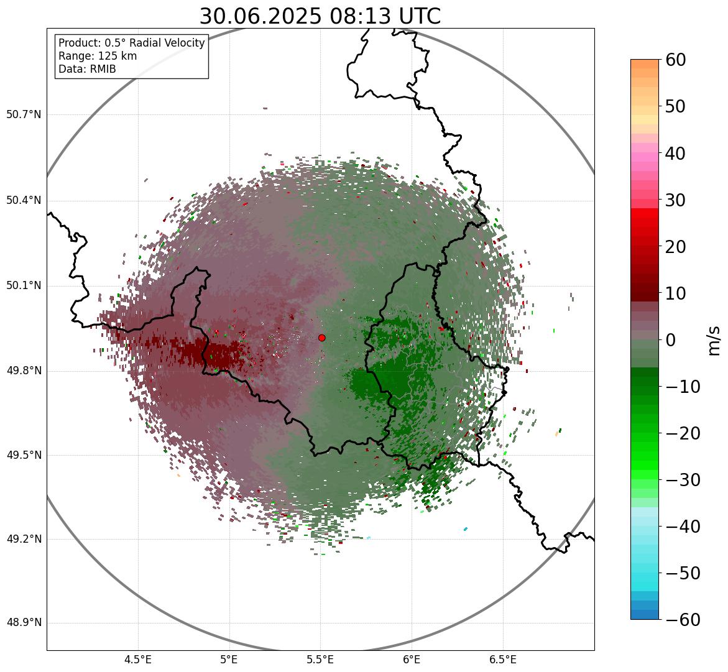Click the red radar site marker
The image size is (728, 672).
coord(321,338)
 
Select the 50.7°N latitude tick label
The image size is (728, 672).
coord(24,115)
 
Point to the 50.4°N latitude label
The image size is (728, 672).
coord(24,201)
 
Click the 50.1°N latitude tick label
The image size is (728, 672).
coord(24,286)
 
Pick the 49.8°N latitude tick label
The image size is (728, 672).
coord(24,371)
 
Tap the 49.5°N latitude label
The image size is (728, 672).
coord(24,456)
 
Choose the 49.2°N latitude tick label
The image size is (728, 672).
coord(24,540)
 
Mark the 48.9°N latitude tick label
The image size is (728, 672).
coord(24,623)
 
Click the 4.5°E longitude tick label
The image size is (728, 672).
coord(138,660)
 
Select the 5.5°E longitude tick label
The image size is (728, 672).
coord(320,660)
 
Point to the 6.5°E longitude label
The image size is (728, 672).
coord(502,660)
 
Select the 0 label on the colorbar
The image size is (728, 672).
coord(671,340)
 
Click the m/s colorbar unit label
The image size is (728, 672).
coord(713,340)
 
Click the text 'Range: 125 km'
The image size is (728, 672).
coord(98,56)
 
